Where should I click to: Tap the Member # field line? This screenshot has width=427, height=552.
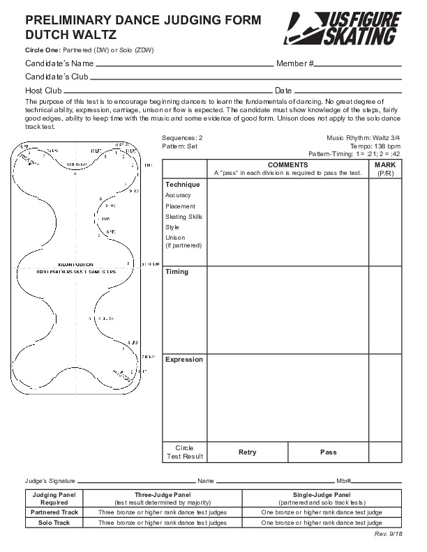coord(358,64)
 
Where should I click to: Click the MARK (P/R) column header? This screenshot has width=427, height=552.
coord(385,169)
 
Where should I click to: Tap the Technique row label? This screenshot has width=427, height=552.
coord(182,185)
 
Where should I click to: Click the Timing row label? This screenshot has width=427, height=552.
coord(177,272)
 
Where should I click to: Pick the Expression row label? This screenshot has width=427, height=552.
coord(183,360)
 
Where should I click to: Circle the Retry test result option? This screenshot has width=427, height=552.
coord(247,452)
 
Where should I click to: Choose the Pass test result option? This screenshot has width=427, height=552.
coord(328,452)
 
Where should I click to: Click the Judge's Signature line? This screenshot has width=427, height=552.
coord(135,481)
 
